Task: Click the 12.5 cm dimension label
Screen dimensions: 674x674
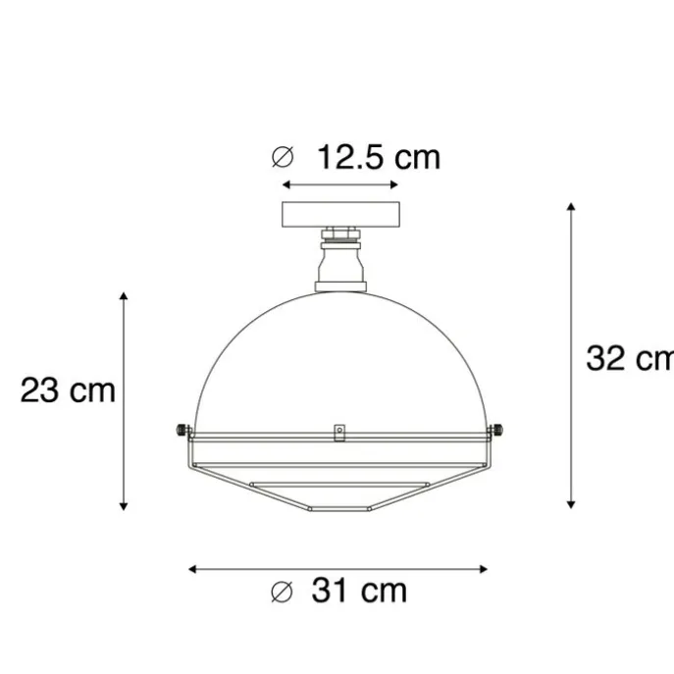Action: coord(379,157)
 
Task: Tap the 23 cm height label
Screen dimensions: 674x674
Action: coord(68,390)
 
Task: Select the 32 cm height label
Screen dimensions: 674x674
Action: coord(629,358)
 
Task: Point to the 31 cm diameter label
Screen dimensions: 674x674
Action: coord(359,591)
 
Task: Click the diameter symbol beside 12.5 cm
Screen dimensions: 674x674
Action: coord(283,157)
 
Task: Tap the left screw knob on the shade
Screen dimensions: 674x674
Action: coord(181,430)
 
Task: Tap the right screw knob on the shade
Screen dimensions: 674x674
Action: coord(497,430)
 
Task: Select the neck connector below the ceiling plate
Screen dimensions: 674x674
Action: coord(339,260)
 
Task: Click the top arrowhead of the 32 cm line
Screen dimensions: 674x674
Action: coord(571,207)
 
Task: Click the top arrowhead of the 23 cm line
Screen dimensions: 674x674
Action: coord(124,295)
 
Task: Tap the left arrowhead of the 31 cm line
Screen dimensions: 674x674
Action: coord(192,568)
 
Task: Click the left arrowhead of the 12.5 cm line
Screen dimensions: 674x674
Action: coord(285,184)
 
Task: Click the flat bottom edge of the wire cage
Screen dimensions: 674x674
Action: coord(339,510)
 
